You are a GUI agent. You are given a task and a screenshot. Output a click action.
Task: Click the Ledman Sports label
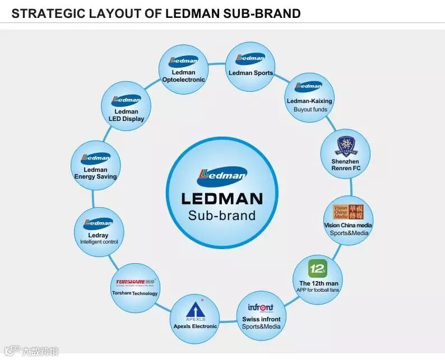pyautogui.click(x=251, y=73)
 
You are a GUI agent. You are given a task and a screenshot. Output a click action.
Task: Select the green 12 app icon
pyautogui.click(x=318, y=269)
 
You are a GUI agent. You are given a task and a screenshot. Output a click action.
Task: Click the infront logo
pyautogui.click(x=261, y=308)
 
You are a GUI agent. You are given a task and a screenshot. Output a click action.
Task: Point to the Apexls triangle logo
pyautogui.click(x=194, y=310)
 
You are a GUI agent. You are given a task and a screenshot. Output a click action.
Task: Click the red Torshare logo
pyautogui.click(x=135, y=282)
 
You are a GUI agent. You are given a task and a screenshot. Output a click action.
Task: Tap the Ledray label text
pyautogui.click(x=99, y=235)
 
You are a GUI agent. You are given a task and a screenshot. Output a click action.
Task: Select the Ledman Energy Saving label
pyautogui.click(x=95, y=173)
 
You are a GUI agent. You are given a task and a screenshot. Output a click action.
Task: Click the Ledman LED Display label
pyautogui.click(x=126, y=115)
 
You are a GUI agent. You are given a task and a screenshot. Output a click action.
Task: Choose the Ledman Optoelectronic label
pyautogui.click(x=183, y=76)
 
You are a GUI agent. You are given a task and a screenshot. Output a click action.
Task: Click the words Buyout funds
pyautogui.click(x=310, y=109)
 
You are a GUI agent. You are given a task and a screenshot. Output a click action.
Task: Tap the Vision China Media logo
pyautogui.click(x=349, y=212)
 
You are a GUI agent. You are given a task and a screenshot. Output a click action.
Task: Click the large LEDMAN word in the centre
pyautogui.click(x=222, y=198)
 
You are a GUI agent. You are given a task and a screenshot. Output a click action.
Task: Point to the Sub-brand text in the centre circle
pyautogui.click(x=222, y=216)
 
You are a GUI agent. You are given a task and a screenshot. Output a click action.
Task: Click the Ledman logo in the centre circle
pyautogui.click(x=222, y=176)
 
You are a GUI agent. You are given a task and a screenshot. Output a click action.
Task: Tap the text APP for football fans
pyautogui.click(x=319, y=290)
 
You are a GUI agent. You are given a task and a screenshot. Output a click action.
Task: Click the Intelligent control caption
pyautogui.click(x=99, y=242)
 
